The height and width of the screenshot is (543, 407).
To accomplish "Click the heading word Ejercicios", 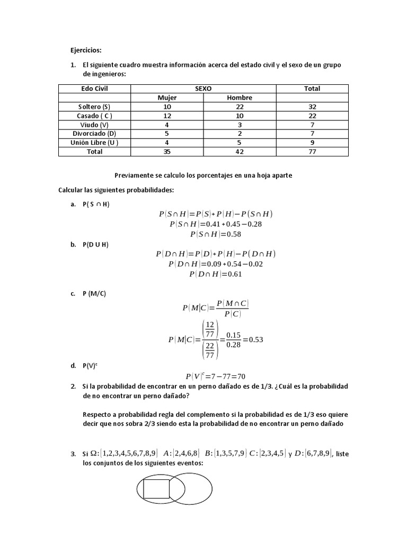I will (85, 50).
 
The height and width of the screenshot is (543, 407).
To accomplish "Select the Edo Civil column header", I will (94, 89).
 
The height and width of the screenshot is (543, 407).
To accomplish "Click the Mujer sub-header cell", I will (167, 98).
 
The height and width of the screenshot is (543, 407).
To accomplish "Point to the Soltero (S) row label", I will (94, 107).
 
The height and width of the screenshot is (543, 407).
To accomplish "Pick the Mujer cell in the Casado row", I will (167, 116).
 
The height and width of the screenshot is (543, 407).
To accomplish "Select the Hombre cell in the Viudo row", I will (240, 125).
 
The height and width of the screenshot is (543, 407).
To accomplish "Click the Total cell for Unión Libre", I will (312, 143).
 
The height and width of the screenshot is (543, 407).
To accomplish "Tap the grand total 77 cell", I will (312, 152).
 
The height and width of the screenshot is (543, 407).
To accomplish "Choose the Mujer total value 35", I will (167, 152).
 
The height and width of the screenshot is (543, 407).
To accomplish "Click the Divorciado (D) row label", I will (94, 134).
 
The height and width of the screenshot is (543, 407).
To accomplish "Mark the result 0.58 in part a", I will (232, 234).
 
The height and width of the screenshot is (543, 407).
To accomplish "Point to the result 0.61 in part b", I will (232, 274).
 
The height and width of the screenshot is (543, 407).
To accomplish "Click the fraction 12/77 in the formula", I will (209, 327).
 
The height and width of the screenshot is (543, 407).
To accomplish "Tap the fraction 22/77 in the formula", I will (209, 352).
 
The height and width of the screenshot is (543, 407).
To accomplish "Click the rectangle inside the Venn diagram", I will (156, 489).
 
